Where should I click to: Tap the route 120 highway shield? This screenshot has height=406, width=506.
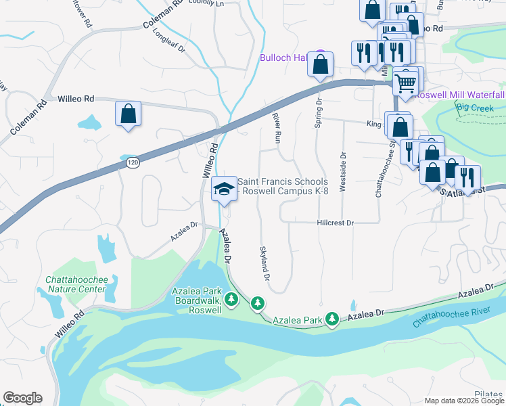click(x=133, y=164)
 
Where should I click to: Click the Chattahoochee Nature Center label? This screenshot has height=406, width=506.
click(x=76, y=284)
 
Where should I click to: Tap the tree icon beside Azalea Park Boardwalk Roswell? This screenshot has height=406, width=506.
click(x=231, y=298)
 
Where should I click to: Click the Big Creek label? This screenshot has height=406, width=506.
click(x=471, y=107)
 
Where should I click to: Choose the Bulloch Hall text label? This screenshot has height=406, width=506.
click(x=283, y=58)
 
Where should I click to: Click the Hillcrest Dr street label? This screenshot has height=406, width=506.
click(x=336, y=223)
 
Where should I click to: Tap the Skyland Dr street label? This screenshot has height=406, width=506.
click(x=264, y=264)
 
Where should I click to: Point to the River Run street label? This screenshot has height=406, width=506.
click(x=276, y=127)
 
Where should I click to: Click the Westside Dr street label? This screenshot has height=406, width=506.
click(x=343, y=177)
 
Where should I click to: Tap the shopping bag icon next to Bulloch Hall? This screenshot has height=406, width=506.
click(x=321, y=64)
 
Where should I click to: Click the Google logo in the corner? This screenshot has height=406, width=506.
click(x=22, y=398)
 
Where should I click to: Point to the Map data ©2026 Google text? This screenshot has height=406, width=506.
click(x=463, y=401)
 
